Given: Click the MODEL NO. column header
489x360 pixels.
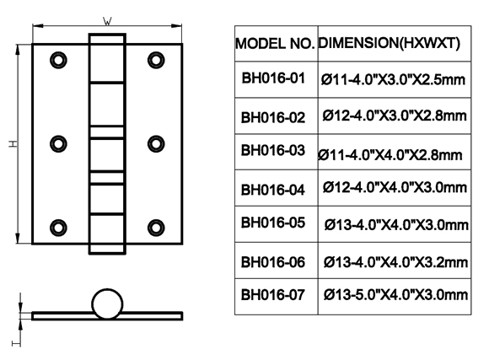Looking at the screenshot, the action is click(275, 43).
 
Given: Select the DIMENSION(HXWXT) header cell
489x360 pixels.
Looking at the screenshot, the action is click(389, 43).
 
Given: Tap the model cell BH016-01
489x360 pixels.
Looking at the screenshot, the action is click(273, 78).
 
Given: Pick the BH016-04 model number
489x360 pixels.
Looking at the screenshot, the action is click(273, 190).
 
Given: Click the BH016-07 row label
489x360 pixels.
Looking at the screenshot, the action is click(273, 295).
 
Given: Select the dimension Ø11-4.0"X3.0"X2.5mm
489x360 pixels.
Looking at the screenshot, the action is click(393, 79).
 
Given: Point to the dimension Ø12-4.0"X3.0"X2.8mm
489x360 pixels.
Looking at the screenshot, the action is click(395, 116).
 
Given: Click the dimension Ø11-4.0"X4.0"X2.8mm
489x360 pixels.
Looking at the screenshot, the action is click(390, 155).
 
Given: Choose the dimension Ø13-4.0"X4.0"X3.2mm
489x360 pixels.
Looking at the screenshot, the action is click(395, 262).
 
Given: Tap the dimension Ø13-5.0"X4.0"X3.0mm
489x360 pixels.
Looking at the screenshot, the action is click(395, 295).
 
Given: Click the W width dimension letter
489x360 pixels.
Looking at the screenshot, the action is click(107, 22).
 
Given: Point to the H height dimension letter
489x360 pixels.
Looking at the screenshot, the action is click(13, 144).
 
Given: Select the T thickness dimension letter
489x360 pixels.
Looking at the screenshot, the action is click(16, 343).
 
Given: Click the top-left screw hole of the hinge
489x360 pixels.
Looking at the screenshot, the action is click(58, 60).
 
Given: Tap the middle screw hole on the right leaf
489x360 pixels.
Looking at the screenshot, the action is click(156, 144).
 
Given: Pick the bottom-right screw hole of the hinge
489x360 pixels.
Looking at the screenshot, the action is click(156, 228).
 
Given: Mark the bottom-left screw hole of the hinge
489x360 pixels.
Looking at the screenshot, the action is click(58, 228).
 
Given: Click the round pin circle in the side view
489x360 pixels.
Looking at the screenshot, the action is click(107, 290).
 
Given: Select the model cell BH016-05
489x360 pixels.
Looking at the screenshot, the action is click(273, 223).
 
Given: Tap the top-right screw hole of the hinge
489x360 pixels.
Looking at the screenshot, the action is click(156, 60).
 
